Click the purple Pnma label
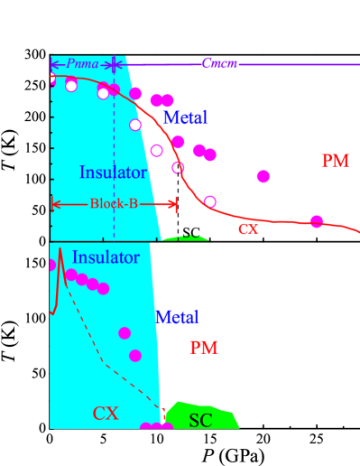pyautogui.click(x=82, y=64)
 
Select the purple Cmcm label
pyautogui.click(x=219, y=64)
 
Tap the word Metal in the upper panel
pyautogui.click(x=185, y=117)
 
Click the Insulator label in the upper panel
pyautogui.click(x=113, y=172)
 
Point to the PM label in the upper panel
pyautogui.click(x=335, y=161)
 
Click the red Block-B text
pyautogui.click(x=114, y=204)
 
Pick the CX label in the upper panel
pyautogui.click(x=248, y=229)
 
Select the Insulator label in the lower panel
pyautogui.click(x=106, y=258)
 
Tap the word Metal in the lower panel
pyautogui.click(x=177, y=317)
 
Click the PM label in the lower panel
pyautogui.click(x=203, y=348)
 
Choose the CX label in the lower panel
pyautogui.click(x=106, y=414)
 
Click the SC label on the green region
pyautogui.click(x=200, y=421)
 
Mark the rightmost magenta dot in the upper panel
pyautogui.click(x=317, y=221)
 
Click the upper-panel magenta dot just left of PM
pyautogui.click(x=263, y=176)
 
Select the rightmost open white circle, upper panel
pyautogui.click(x=210, y=201)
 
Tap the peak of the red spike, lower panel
pyautogui.click(x=60, y=248)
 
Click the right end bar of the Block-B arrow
pyautogui.click(x=177, y=204)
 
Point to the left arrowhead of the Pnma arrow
pyautogui.click(x=53, y=64)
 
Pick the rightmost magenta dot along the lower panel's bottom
pyautogui.click(x=167, y=426)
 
